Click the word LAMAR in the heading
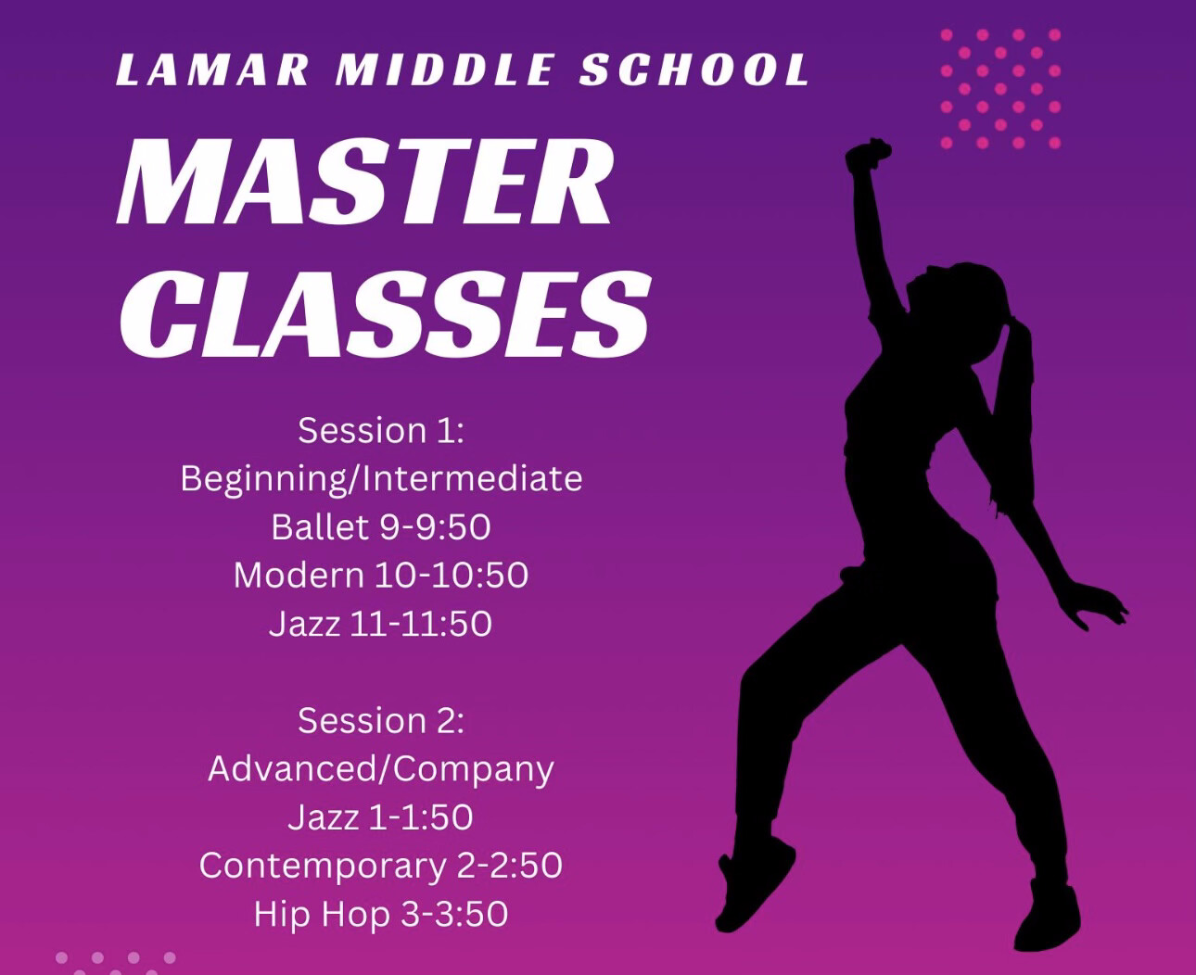(x=212, y=70)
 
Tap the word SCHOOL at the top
(x=694, y=70)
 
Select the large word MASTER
(x=365, y=183)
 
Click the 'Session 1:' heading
(x=380, y=430)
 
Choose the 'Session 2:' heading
(x=380, y=720)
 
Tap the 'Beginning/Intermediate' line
(x=380, y=478)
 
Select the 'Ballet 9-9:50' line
(x=380, y=526)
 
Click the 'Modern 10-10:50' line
(x=380, y=575)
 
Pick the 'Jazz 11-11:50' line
(x=380, y=623)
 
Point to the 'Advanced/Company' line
(x=380, y=768)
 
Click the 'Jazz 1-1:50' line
(x=380, y=817)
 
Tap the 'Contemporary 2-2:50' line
(x=380, y=865)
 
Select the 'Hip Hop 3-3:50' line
(x=380, y=914)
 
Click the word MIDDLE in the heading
(x=446, y=70)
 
